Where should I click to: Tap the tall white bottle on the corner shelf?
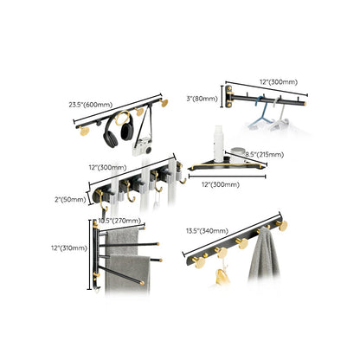pos(221,139)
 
